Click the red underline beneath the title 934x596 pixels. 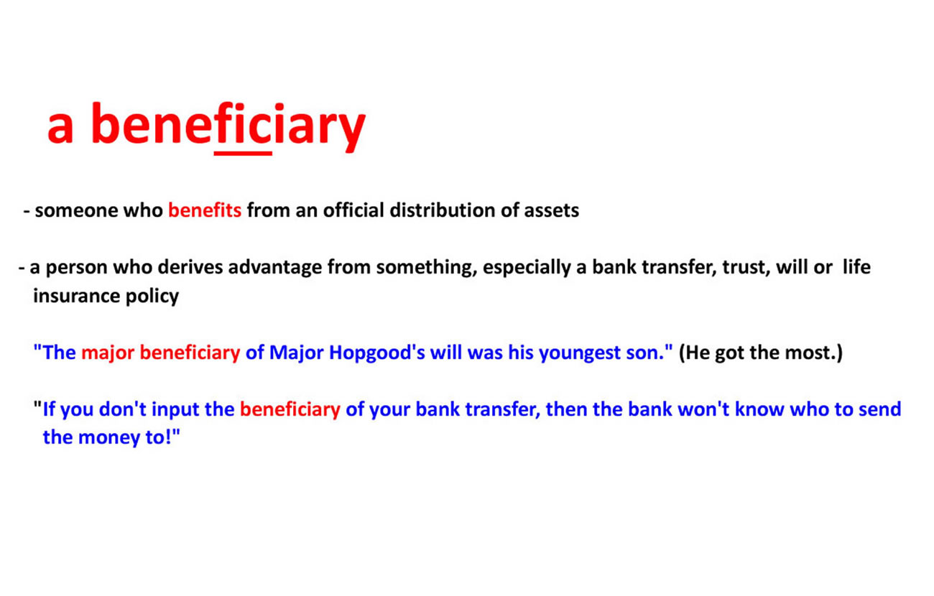[x=243, y=154]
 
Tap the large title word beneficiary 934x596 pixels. [x=228, y=126]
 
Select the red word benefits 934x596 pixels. [x=205, y=210]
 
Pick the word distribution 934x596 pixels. [x=443, y=210]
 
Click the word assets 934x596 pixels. [x=551, y=211]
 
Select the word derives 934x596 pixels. [x=190, y=267]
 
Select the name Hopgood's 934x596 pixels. [x=377, y=353]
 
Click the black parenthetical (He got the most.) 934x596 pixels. [x=761, y=353]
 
